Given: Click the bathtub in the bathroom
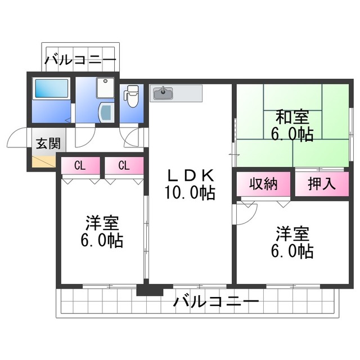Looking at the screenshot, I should click(51, 89).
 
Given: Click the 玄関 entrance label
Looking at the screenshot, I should click(48, 142).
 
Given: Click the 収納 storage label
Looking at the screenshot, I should click(263, 184).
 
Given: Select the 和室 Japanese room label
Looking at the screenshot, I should click(291, 118).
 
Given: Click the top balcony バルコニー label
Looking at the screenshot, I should click(80, 58).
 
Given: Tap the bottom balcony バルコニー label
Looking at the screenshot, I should click(216, 302).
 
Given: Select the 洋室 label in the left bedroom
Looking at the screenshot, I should click(101, 223).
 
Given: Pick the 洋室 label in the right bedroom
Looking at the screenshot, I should click(291, 233).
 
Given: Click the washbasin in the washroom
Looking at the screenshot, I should click(105, 111).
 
